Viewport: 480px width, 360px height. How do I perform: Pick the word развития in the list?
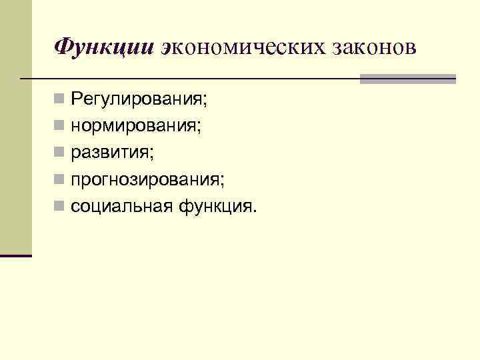(111, 153)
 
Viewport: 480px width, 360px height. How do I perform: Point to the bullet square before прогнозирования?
(60, 180)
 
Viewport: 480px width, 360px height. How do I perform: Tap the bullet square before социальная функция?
(60, 207)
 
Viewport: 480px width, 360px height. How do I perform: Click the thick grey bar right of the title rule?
(407, 79)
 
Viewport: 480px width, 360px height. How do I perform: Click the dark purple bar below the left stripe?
(16, 255)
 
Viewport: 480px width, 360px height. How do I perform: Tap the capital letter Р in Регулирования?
(77, 100)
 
